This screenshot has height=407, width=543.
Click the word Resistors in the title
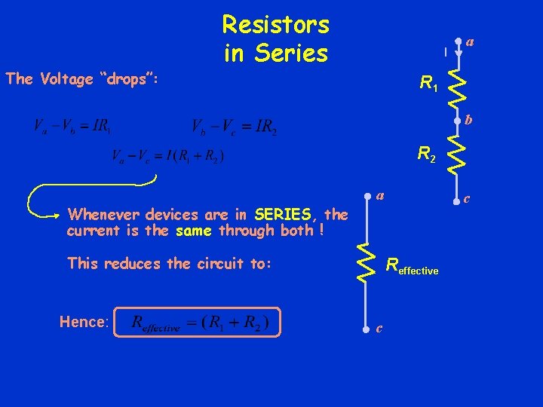click(x=275, y=25)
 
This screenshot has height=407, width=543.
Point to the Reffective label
click(x=412, y=266)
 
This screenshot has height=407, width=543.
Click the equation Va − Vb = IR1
click(x=72, y=127)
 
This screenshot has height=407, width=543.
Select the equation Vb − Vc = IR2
click(x=234, y=127)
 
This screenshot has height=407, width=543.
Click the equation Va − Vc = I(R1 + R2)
click(x=167, y=158)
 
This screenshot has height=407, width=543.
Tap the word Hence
click(x=84, y=322)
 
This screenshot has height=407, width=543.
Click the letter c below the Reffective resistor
click(x=379, y=329)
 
